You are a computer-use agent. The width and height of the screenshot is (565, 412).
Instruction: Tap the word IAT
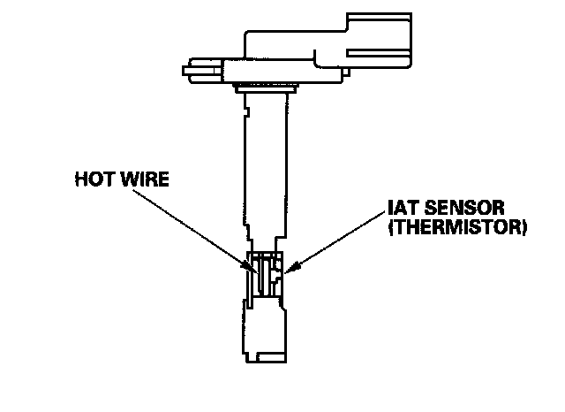tap(401, 210)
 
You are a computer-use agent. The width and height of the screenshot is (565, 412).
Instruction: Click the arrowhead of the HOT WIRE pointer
tap(253, 265)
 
